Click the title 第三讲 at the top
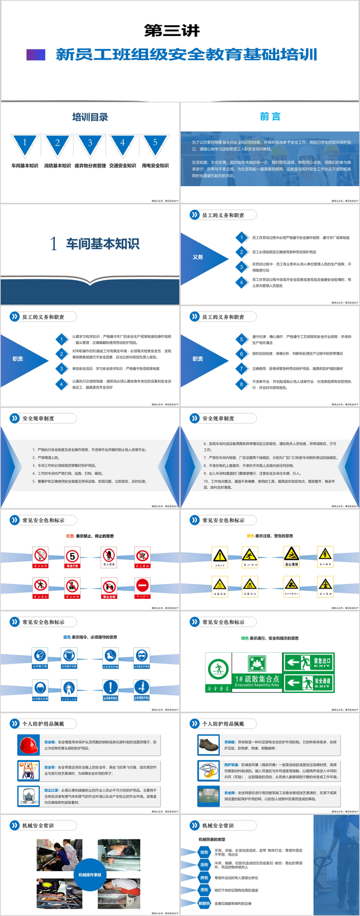point(172,30)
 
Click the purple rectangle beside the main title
point(35,55)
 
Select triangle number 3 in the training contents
point(90,143)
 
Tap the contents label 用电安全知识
point(155,166)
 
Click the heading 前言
point(270,116)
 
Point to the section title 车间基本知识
point(102,243)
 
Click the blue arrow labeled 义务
point(200,257)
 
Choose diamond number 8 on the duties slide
point(242,384)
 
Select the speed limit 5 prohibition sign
point(72,557)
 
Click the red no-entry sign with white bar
point(143,586)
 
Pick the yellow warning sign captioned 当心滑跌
point(291,556)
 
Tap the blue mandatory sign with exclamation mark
point(111,687)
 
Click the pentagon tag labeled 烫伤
point(204,890)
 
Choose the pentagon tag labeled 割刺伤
point(204,903)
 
